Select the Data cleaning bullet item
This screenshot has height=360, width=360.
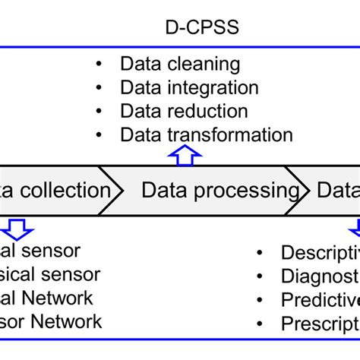click(180, 65)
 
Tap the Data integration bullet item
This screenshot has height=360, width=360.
click(189, 88)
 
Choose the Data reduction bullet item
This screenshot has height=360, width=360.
click(184, 112)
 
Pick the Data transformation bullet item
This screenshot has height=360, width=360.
click(206, 135)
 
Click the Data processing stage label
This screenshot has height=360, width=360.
click(220, 190)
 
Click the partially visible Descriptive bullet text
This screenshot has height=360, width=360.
click(319, 252)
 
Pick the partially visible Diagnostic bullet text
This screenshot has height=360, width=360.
click(319, 276)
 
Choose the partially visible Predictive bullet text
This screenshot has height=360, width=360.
click(319, 300)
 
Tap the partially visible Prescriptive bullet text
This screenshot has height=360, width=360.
click(319, 324)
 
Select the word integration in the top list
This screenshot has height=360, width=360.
click(216, 88)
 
